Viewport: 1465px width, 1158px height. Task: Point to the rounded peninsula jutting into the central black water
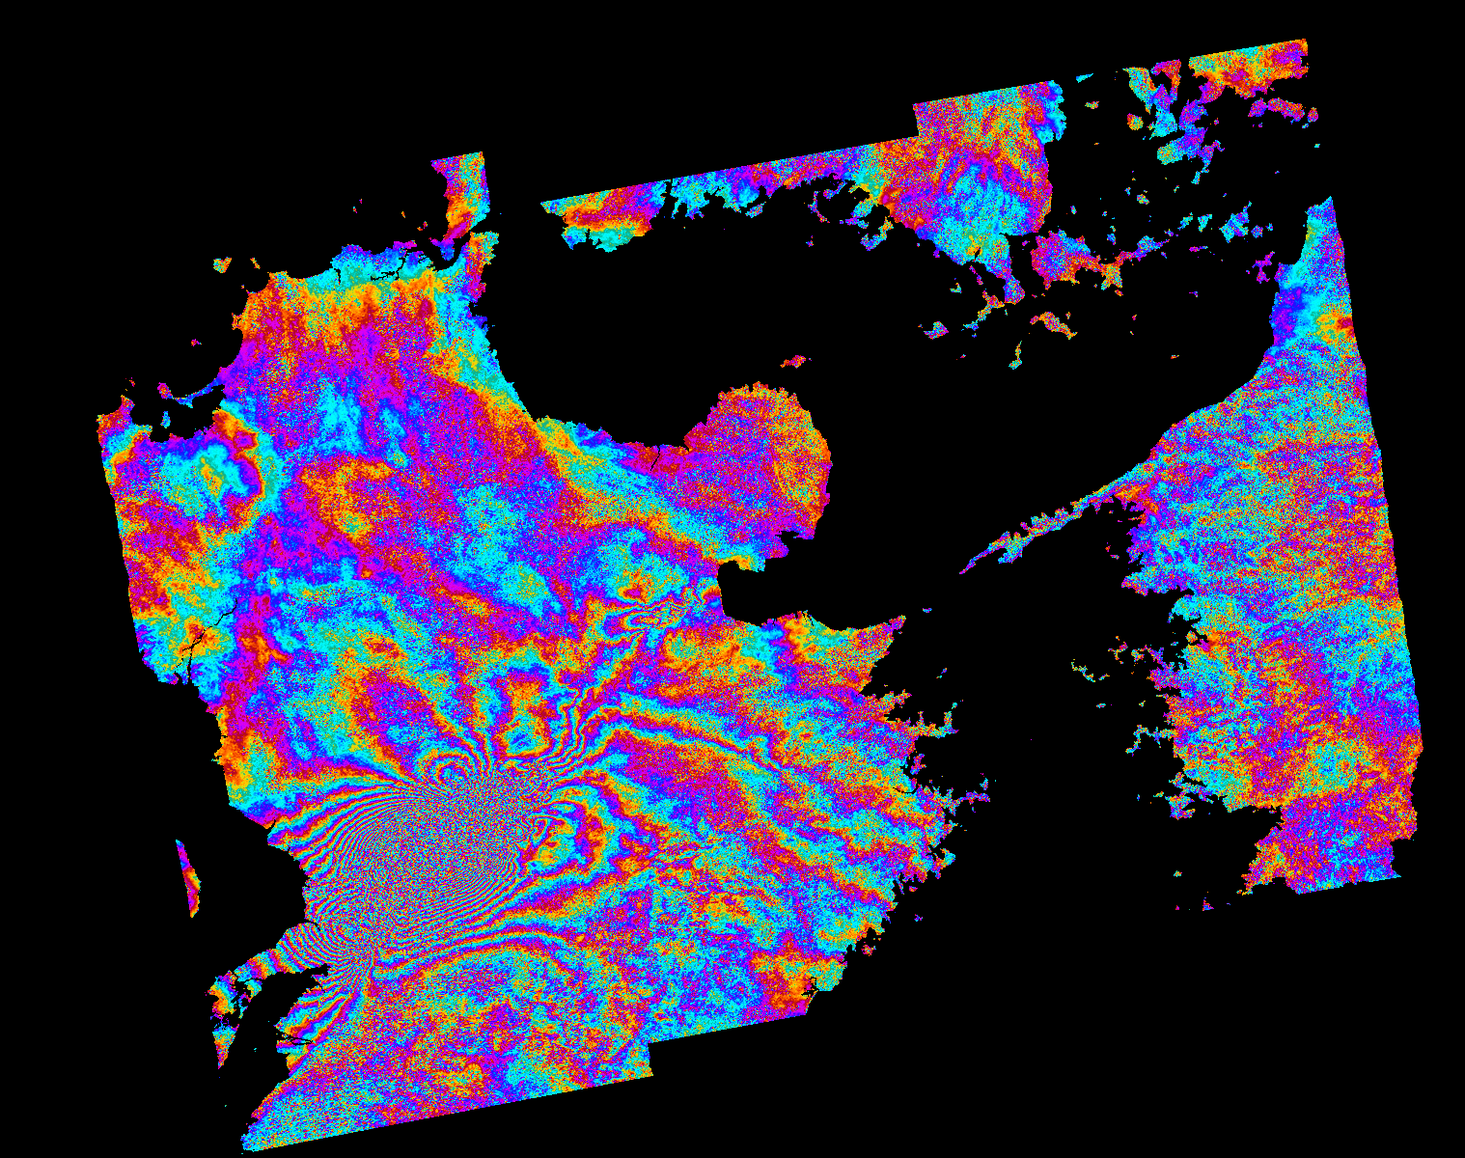(767, 454)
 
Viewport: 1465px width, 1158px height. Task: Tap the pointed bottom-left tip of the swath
(243, 1148)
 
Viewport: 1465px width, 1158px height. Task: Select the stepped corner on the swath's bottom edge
(651, 1071)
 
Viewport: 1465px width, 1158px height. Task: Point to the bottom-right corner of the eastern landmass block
(1398, 876)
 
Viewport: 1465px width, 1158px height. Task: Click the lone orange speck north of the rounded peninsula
(793, 362)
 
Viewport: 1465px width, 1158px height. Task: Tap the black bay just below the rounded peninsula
(748, 584)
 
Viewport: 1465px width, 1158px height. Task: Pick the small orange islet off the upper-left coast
(222, 262)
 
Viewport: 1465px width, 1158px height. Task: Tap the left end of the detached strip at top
(543, 204)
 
